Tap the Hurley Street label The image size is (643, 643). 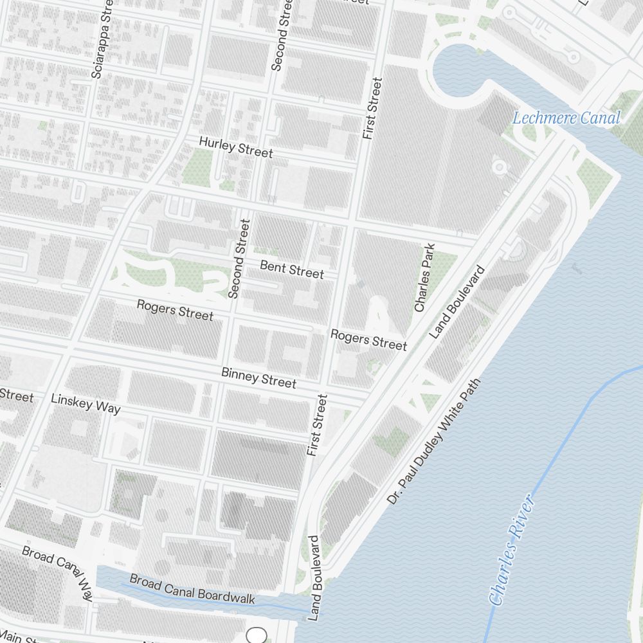235,147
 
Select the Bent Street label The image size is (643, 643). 292,269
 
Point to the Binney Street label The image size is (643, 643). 258,377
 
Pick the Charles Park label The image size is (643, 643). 425,278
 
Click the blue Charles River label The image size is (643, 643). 512,550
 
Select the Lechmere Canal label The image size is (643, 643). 566,118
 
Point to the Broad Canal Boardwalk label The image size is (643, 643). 192,589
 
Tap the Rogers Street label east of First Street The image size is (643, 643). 368,339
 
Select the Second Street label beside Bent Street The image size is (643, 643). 238,258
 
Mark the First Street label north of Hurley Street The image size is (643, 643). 372,109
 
